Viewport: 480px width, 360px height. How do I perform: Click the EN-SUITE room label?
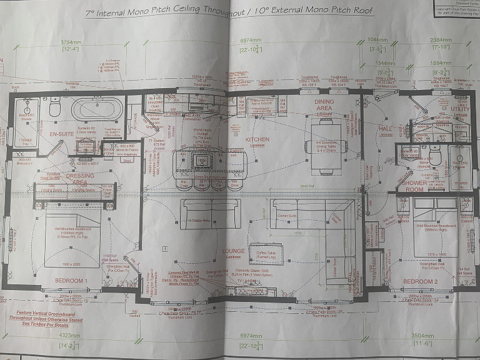(61, 134)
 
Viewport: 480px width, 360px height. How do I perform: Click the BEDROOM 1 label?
(70, 281)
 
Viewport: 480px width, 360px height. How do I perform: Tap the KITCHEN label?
(257, 139)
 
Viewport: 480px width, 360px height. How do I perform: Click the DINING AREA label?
(324, 105)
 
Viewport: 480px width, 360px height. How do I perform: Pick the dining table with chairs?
(324, 145)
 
